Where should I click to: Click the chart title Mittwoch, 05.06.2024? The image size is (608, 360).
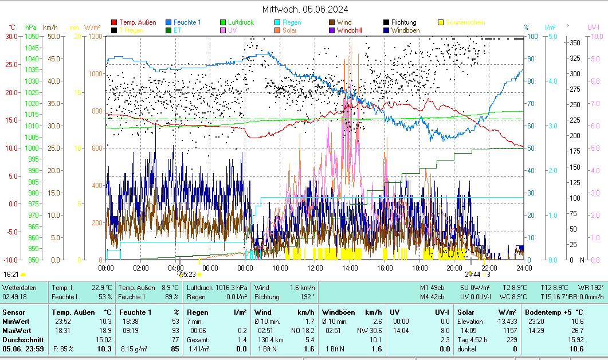(x=305, y=9)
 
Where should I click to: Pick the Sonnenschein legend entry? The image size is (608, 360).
(x=465, y=22)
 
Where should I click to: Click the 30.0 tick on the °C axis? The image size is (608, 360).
(x=11, y=37)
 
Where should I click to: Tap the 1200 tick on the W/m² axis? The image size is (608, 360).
(x=95, y=37)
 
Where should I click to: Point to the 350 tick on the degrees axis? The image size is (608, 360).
(x=575, y=42)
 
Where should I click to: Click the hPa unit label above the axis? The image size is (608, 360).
(x=30, y=27)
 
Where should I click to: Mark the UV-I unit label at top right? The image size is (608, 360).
(x=593, y=27)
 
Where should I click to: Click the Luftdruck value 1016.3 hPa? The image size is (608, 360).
(x=233, y=287)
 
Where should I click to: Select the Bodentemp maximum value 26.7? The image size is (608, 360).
(x=577, y=330)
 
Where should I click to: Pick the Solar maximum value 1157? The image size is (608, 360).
(x=510, y=330)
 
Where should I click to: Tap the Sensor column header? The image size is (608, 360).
(x=14, y=312)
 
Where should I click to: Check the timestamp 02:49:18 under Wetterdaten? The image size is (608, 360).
(x=14, y=297)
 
